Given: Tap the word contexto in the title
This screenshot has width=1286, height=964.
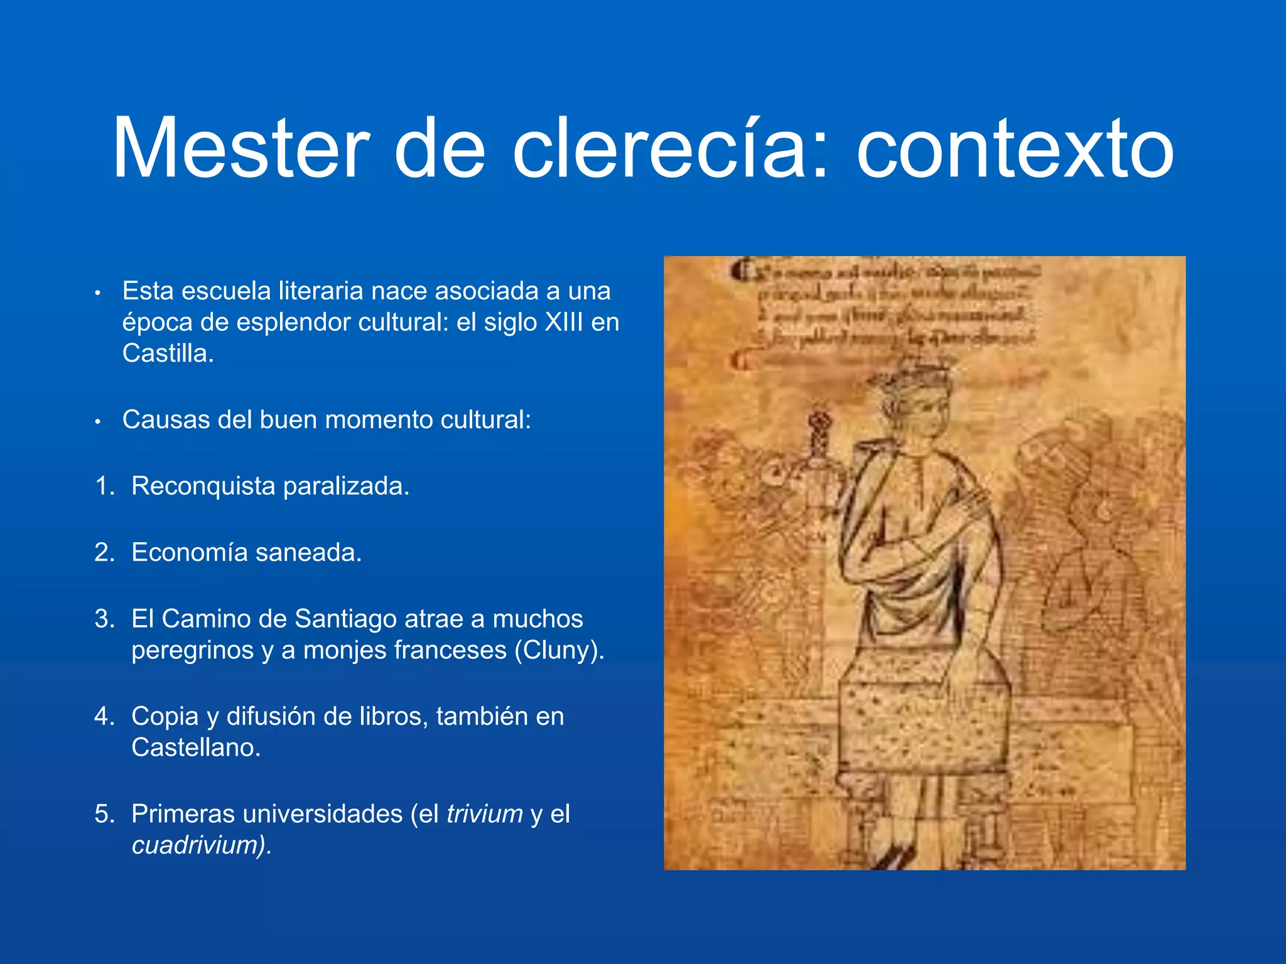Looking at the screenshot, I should [1015, 149].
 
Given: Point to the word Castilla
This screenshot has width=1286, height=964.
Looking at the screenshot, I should [167, 353].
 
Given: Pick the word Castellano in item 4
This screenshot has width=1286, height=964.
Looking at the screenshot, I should [195, 747].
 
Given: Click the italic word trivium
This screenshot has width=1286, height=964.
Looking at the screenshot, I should [484, 814].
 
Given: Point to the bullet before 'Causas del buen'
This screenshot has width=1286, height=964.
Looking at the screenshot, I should [98, 422].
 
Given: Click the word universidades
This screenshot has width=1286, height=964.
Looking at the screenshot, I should [308, 814].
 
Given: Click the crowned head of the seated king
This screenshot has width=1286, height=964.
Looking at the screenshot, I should [918, 402].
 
